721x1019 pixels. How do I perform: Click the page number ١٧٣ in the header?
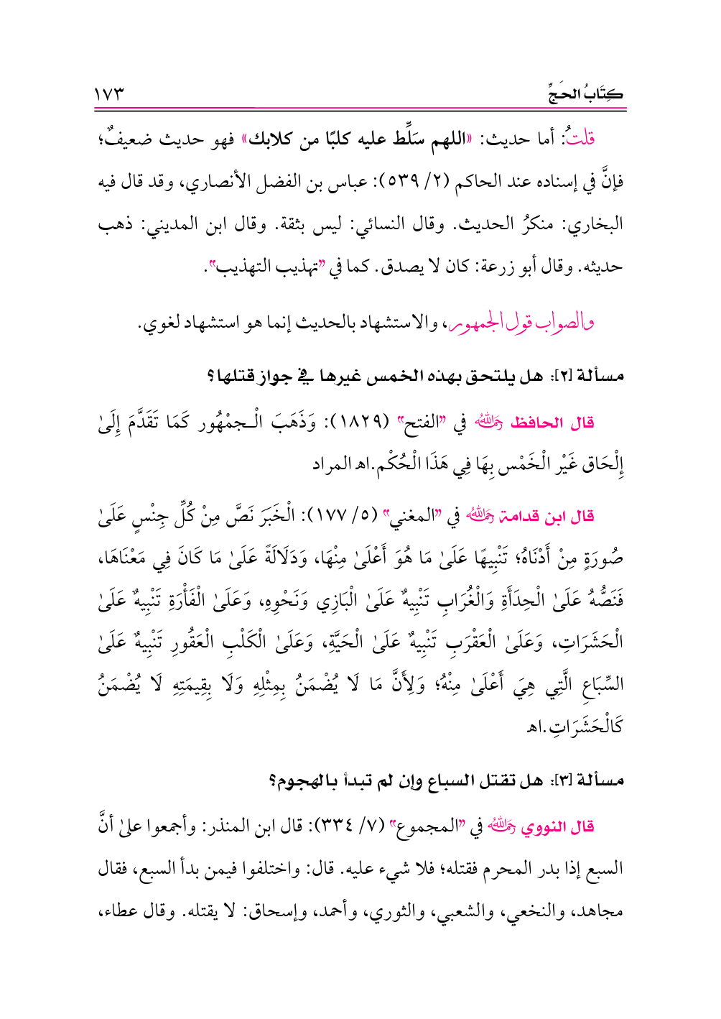[109, 94]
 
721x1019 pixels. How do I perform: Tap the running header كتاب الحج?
[585, 94]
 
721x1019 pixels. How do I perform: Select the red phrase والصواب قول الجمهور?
[521, 323]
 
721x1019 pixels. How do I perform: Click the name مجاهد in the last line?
[602, 911]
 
